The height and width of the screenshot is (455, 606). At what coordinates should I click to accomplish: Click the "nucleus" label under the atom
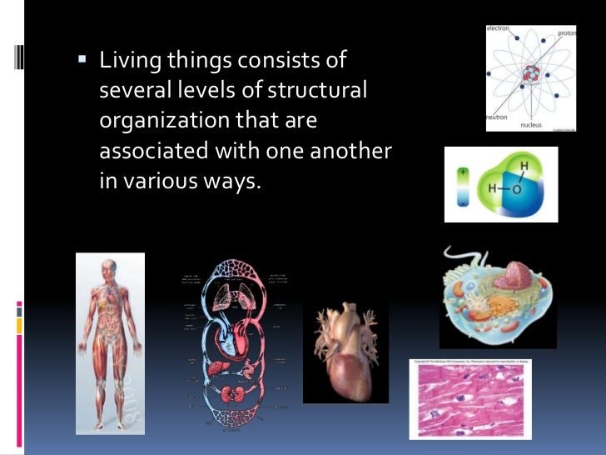tap(531, 125)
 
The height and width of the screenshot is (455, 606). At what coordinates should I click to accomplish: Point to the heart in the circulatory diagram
tap(226, 337)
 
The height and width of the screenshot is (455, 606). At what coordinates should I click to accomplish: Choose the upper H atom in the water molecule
tap(524, 167)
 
